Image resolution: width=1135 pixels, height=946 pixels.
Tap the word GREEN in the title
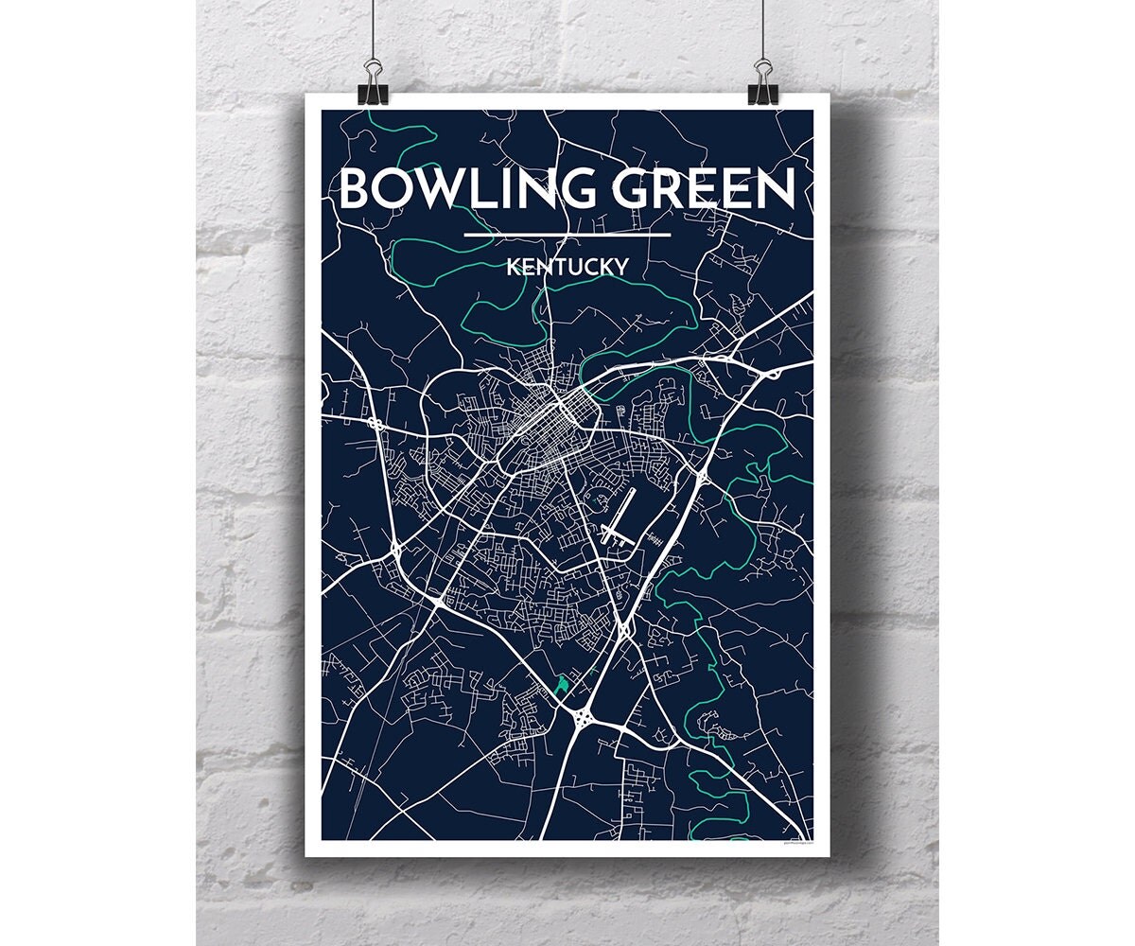[x=700, y=189]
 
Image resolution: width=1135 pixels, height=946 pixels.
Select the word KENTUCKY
[x=567, y=267]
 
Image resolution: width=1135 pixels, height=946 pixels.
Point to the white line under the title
[x=567, y=235]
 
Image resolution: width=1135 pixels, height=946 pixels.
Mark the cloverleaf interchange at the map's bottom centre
[x=583, y=721]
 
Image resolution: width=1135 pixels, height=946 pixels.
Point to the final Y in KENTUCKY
[x=620, y=267]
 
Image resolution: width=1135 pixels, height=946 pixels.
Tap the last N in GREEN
[x=774, y=189]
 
